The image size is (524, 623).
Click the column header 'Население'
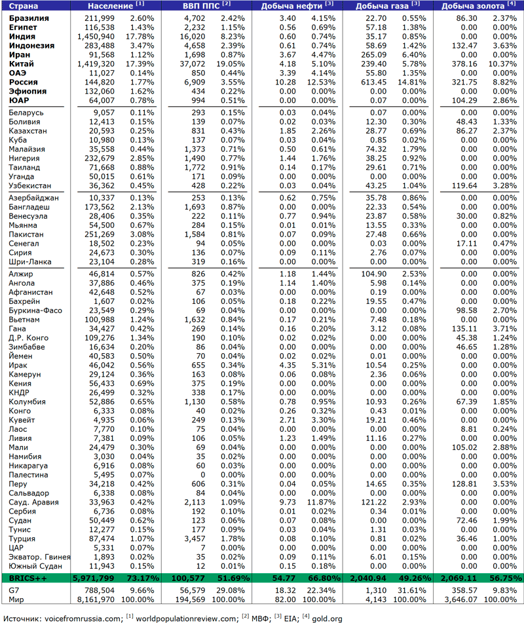107,6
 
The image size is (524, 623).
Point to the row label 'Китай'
22,64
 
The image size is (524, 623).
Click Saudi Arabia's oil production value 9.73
287,502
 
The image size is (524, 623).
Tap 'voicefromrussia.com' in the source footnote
83,617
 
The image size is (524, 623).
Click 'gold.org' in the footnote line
327,617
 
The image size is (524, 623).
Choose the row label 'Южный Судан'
36,566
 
